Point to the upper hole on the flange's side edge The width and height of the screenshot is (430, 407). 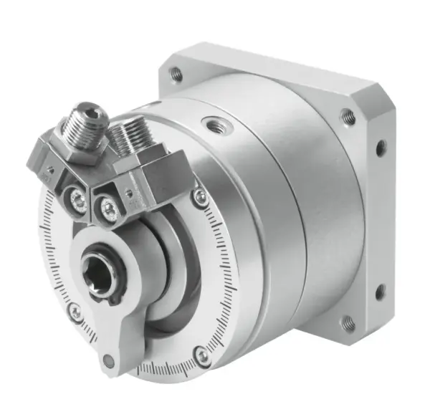tap(381, 148)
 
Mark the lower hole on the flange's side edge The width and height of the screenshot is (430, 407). tap(380, 292)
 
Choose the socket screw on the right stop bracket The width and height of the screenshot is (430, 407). tap(109, 209)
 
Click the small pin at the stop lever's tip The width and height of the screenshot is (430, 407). tap(107, 360)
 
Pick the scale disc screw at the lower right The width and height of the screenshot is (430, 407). tap(203, 355)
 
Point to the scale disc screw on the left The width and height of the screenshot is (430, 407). tap(75, 311)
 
